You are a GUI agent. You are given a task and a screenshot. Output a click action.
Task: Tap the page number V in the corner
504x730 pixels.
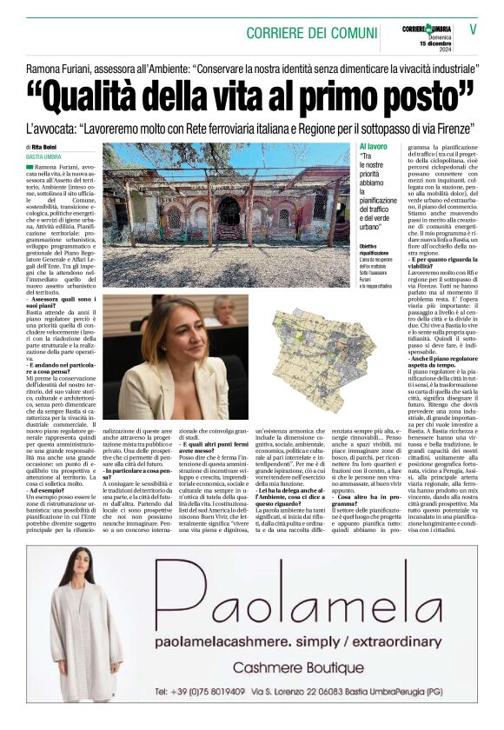tap(473, 29)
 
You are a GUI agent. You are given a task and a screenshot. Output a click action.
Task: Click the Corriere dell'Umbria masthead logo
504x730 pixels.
tap(426, 30)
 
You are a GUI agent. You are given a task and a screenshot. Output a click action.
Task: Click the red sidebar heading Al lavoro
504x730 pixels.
tap(373, 147)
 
